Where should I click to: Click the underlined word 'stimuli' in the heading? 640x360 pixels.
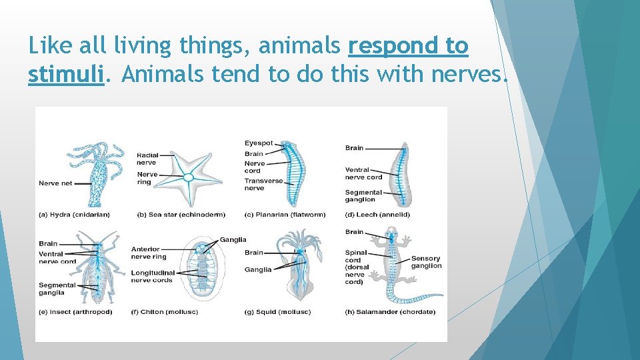tap(66, 75)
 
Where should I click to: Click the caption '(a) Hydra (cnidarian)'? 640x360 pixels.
tap(74, 215)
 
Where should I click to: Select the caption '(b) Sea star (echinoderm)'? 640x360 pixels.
tap(181, 215)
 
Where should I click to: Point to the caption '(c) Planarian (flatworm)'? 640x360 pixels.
tap(285, 215)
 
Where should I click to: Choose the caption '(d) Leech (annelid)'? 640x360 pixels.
tap(377, 215)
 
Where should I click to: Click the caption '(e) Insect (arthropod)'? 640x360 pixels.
tap(75, 312)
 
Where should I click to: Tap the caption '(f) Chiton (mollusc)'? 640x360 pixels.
tap(169, 312)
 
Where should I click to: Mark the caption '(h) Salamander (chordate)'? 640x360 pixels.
tap(390, 312)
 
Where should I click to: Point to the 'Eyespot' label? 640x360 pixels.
tap(259, 143)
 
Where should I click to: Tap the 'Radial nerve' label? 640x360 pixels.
tap(147, 159)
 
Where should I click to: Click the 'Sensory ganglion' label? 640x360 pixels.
tap(426, 262)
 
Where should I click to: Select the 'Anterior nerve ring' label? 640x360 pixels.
tap(149, 253)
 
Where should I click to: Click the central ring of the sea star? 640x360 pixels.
tap(189, 177)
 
